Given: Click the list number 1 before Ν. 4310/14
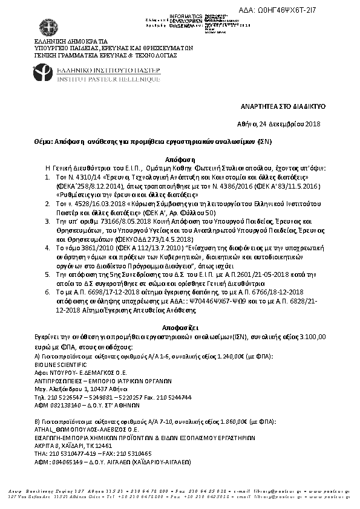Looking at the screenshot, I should point(48,173).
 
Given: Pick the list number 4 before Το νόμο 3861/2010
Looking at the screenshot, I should point(48,248).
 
